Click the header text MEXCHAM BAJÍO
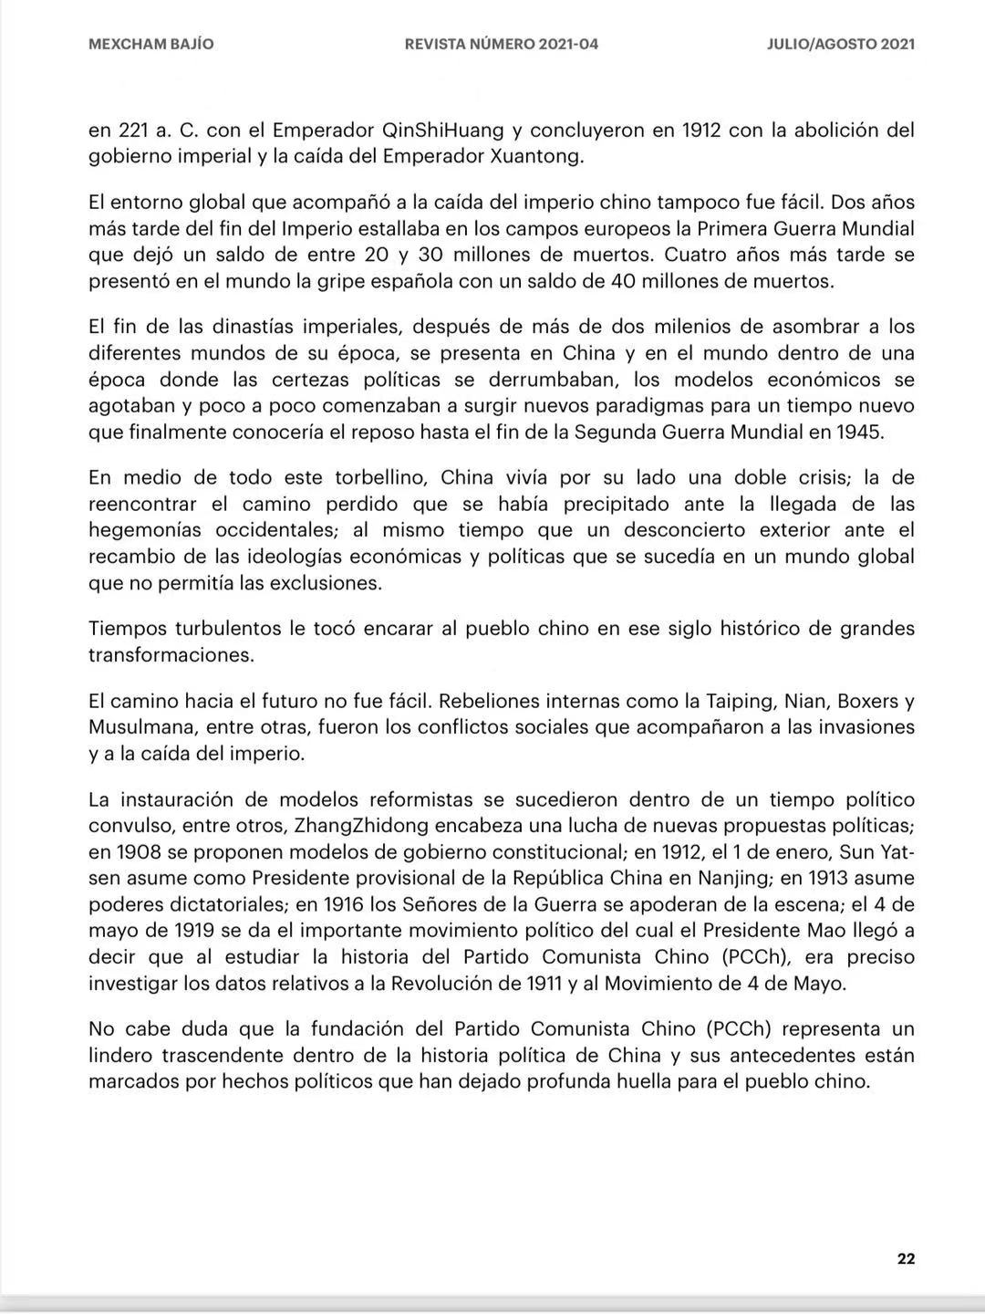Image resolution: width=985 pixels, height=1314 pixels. pos(151,44)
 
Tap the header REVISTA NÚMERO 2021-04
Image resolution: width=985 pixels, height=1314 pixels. pos(502,44)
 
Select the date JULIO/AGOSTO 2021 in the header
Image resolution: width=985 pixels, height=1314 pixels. pos(841,44)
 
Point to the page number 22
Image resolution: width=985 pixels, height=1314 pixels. pos(906,1258)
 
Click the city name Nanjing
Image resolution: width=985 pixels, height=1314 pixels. pos(738,879)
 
